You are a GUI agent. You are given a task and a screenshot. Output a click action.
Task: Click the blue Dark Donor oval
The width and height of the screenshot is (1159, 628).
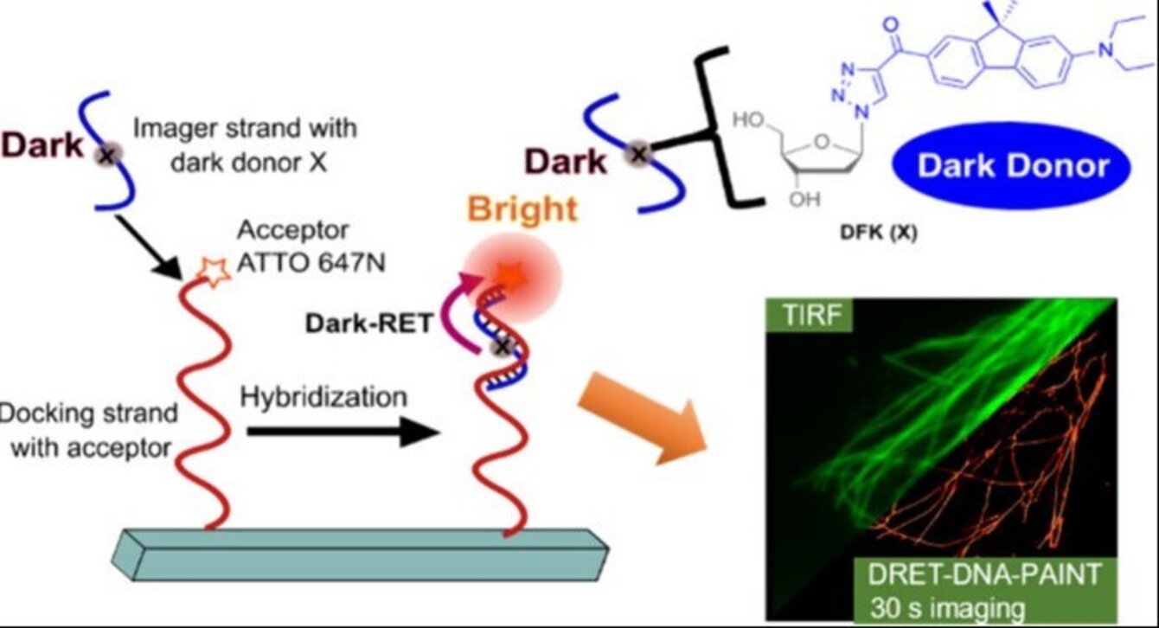pyautogui.click(x=1013, y=165)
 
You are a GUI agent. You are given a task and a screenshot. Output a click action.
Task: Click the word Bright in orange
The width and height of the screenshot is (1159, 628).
pyautogui.click(x=522, y=209)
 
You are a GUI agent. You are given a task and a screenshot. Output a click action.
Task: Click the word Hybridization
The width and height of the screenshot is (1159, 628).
pyautogui.click(x=323, y=397)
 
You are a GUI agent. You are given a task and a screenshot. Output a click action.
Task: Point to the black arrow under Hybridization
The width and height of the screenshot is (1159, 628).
pyautogui.click(x=337, y=432)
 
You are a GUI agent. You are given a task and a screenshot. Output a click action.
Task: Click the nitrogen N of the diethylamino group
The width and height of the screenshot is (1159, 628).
pyautogui.click(x=1105, y=50)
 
